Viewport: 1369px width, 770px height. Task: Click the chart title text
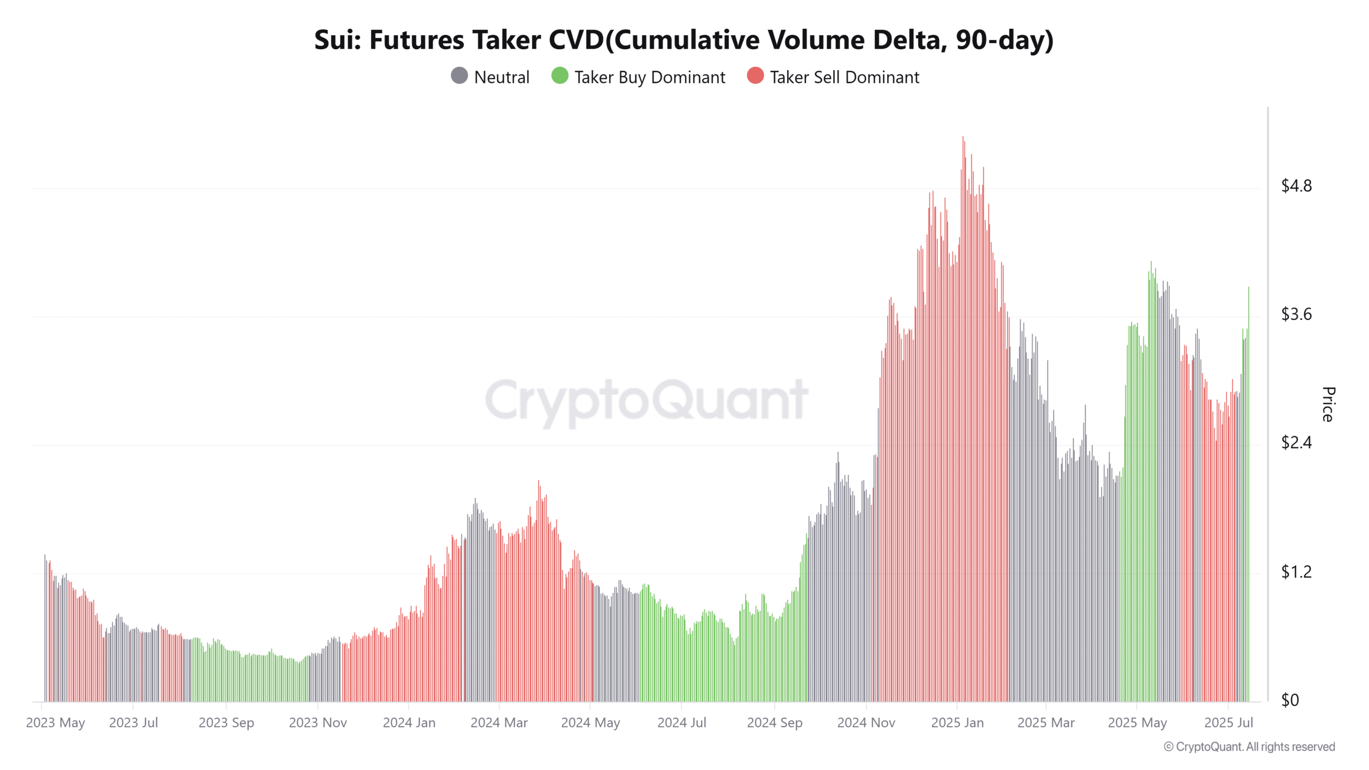pyautogui.click(x=683, y=40)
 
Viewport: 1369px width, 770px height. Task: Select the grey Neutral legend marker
pyautogui.click(x=459, y=76)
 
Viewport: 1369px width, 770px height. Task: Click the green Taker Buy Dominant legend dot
pyautogui.click(x=559, y=76)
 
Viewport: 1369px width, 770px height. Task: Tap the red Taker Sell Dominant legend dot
pyautogui.click(x=755, y=76)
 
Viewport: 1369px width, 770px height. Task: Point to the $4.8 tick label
pyautogui.click(x=1296, y=186)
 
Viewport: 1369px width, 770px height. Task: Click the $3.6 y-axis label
pyautogui.click(x=1296, y=314)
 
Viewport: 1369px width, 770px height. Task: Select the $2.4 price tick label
pyautogui.click(x=1296, y=442)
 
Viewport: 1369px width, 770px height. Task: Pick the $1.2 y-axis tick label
pyautogui.click(x=1296, y=572)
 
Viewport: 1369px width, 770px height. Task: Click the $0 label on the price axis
pyautogui.click(x=1290, y=700)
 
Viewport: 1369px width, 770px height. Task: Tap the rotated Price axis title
pyautogui.click(x=1328, y=404)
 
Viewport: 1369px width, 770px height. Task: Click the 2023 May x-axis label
pyautogui.click(x=56, y=723)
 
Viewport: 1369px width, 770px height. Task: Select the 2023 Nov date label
pyautogui.click(x=318, y=723)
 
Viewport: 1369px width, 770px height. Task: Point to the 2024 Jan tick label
pyautogui.click(x=409, y=723)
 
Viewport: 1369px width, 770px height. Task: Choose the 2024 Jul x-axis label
pyautogui.click(x=682, y=723)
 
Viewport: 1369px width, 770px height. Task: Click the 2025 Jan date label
pyautogui.click(x=957, y=723)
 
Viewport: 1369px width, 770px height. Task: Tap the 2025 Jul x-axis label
pyautogui.click(x=1228, y=723)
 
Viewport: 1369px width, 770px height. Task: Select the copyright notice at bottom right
pyautogui.click(x=1249, y=747)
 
